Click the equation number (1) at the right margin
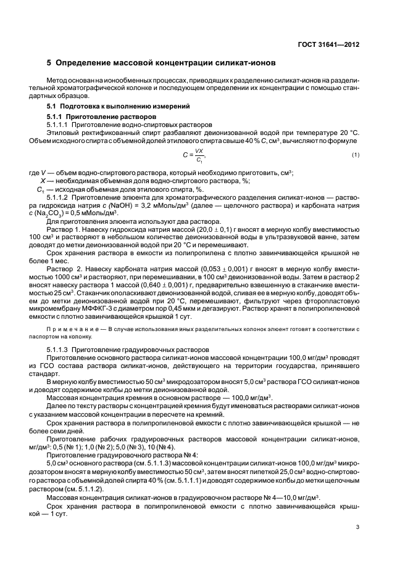click(x=356, y=154)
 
